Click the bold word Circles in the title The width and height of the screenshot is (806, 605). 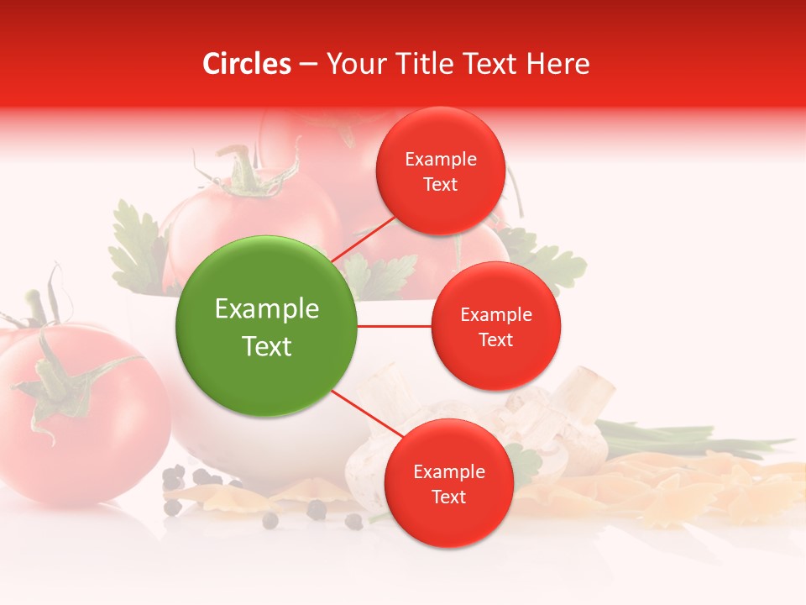click(x=246, y=64)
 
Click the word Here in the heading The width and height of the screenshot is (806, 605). click(x=559, y=64)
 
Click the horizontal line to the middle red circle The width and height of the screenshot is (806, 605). click(x=395, y=326)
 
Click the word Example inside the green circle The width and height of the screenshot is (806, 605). click(x=267, y=309)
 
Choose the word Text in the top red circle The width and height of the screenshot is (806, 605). click(x=441, y=185)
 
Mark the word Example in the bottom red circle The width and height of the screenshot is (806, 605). click(x=448, y=472)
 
